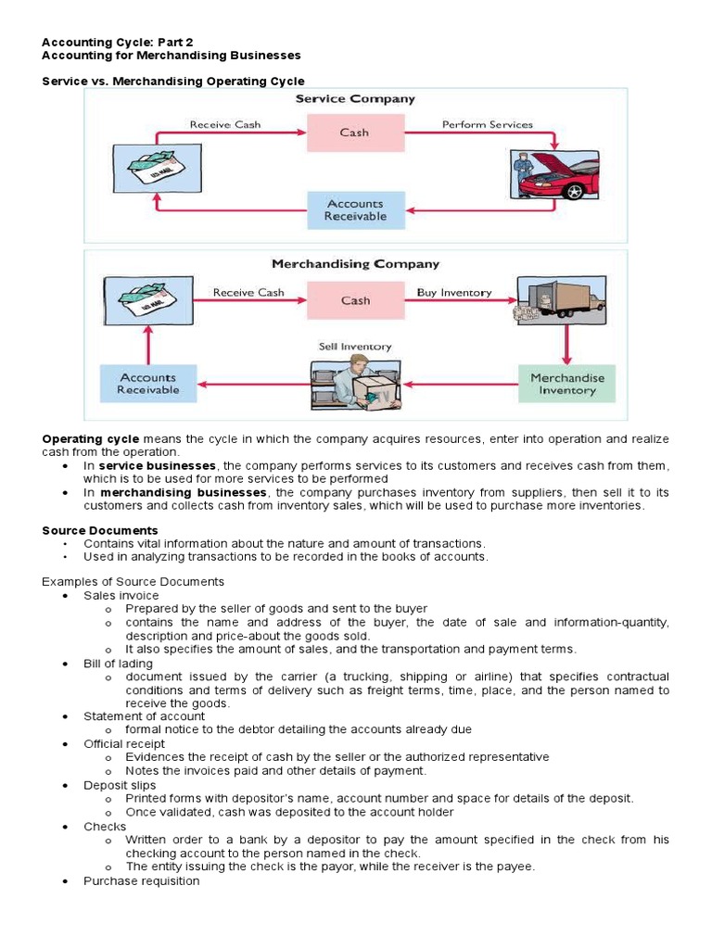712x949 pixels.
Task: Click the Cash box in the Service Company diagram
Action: click(x=354, y=133)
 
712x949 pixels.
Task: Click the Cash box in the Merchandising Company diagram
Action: click(x=354, y=300)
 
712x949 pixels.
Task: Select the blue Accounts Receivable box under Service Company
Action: click(x=354, y=210)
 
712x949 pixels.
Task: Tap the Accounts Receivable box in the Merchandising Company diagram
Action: click(x=147, y=384)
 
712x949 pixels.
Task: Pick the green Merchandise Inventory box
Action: click(x=566, y=384)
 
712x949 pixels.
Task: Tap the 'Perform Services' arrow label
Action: click(x=487, y=124)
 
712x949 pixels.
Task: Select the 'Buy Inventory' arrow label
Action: click(x=453, y=292)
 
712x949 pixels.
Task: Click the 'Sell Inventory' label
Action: click(x=354, y=347)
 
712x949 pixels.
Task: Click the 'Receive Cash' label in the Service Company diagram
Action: click(x=225, y=124)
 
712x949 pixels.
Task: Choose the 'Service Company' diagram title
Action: click(x=354, y=98)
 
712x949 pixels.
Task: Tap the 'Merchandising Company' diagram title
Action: click(x=354, y=264)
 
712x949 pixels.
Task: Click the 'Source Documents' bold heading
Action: click(x=99, y=530)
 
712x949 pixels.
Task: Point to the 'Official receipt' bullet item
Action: click(x=123, y=743)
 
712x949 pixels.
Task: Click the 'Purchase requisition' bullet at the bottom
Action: click(x=141, y=880)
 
